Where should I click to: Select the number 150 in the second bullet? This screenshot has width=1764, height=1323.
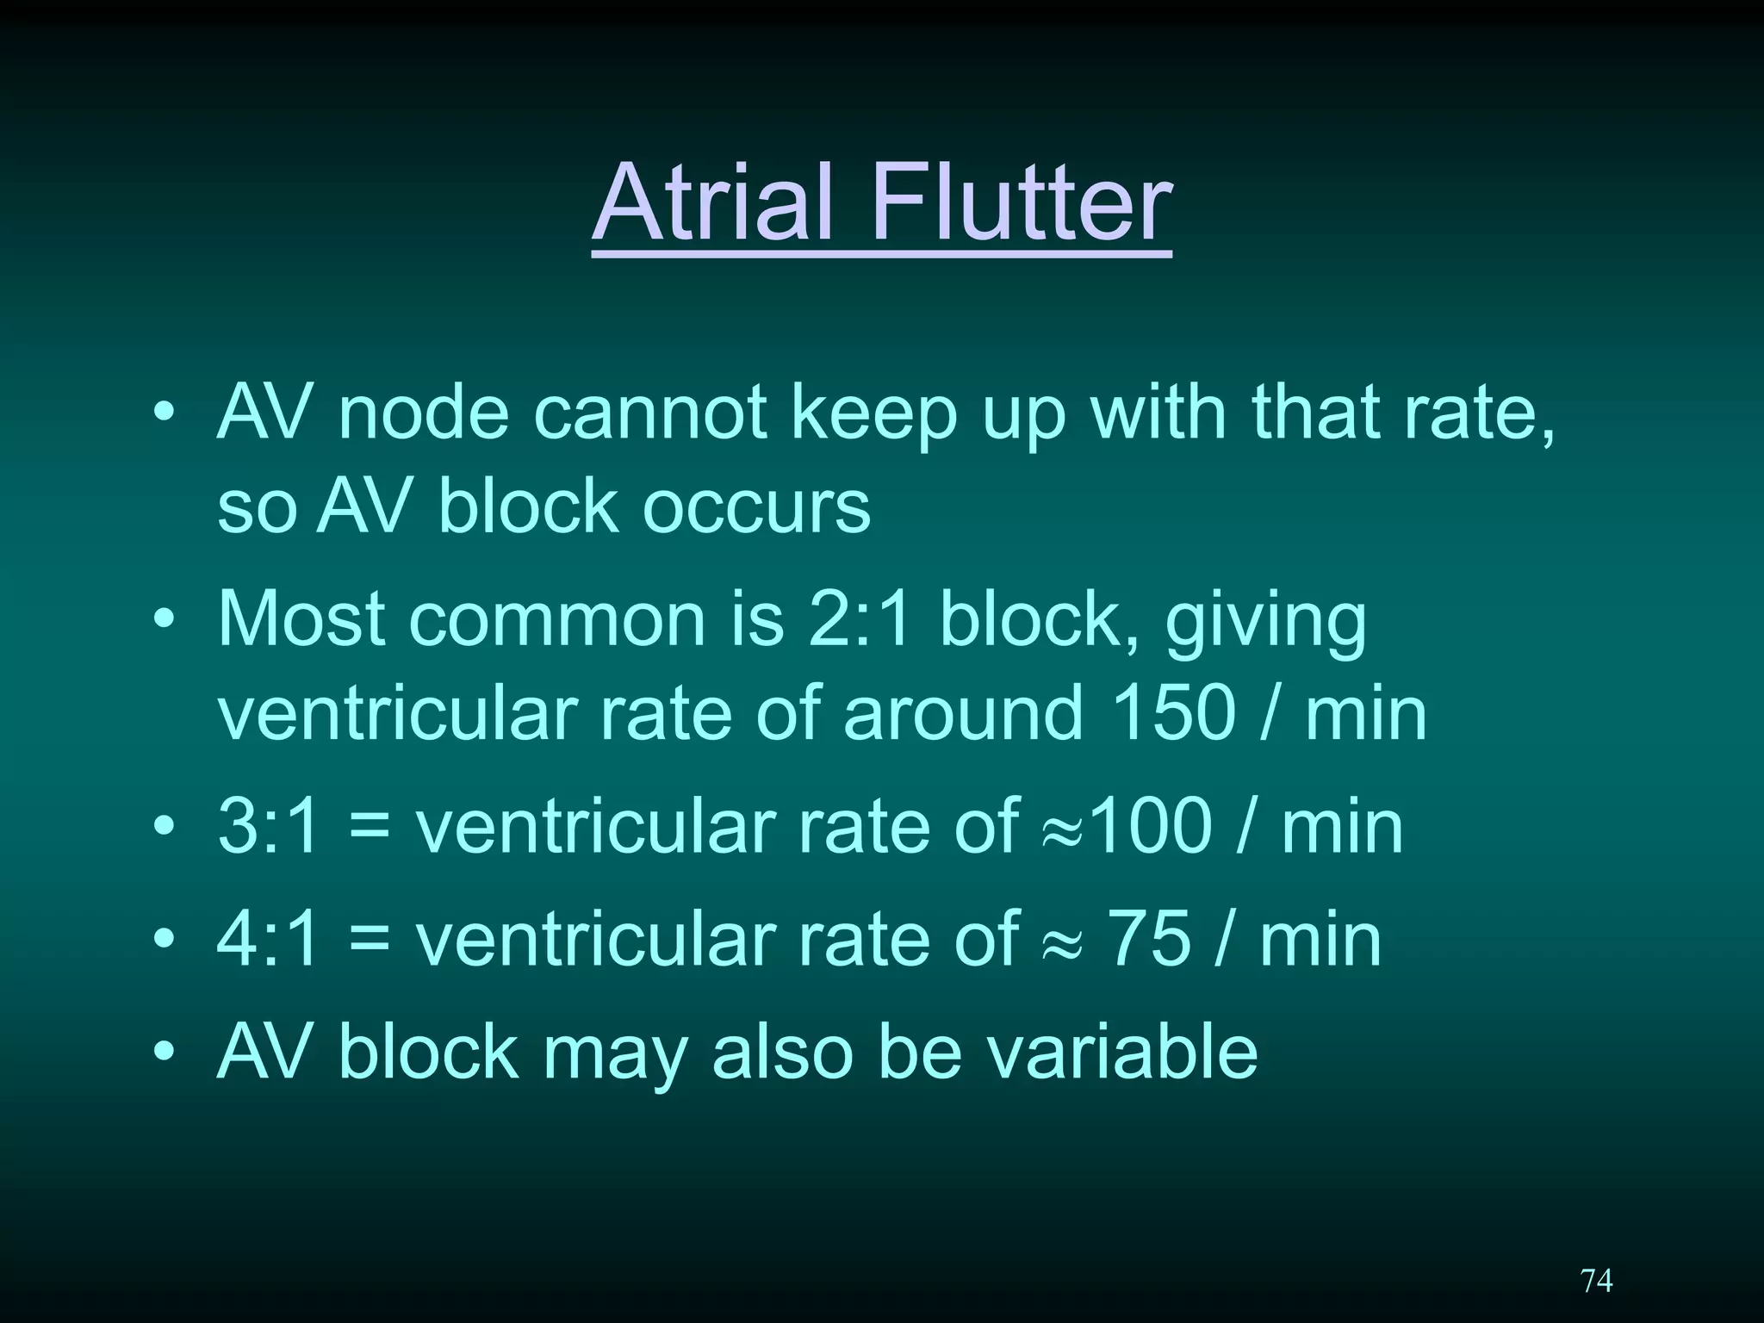point(1173,713)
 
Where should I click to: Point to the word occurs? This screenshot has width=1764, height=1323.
point(756,506)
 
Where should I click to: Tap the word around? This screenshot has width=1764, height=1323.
point(962,713)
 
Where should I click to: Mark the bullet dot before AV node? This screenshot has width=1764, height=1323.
point(164,413)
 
